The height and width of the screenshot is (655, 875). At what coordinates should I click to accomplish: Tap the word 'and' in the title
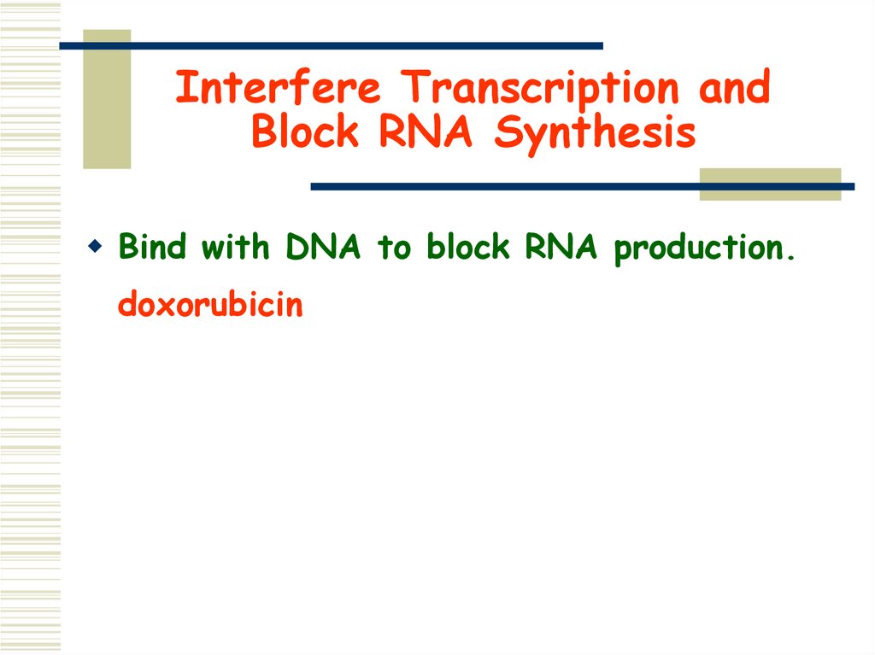[734, 89]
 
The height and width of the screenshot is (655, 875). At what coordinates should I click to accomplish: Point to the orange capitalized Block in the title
[305, 133]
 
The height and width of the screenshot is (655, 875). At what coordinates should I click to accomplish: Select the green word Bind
[154, 248]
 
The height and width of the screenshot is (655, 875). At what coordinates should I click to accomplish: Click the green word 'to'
[394, 249]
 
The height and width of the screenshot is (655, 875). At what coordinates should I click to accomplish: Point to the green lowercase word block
[469, 248]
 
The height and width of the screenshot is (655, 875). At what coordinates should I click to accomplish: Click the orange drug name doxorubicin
[210, 305]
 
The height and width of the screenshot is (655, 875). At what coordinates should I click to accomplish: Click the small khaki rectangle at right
[770, 184]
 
